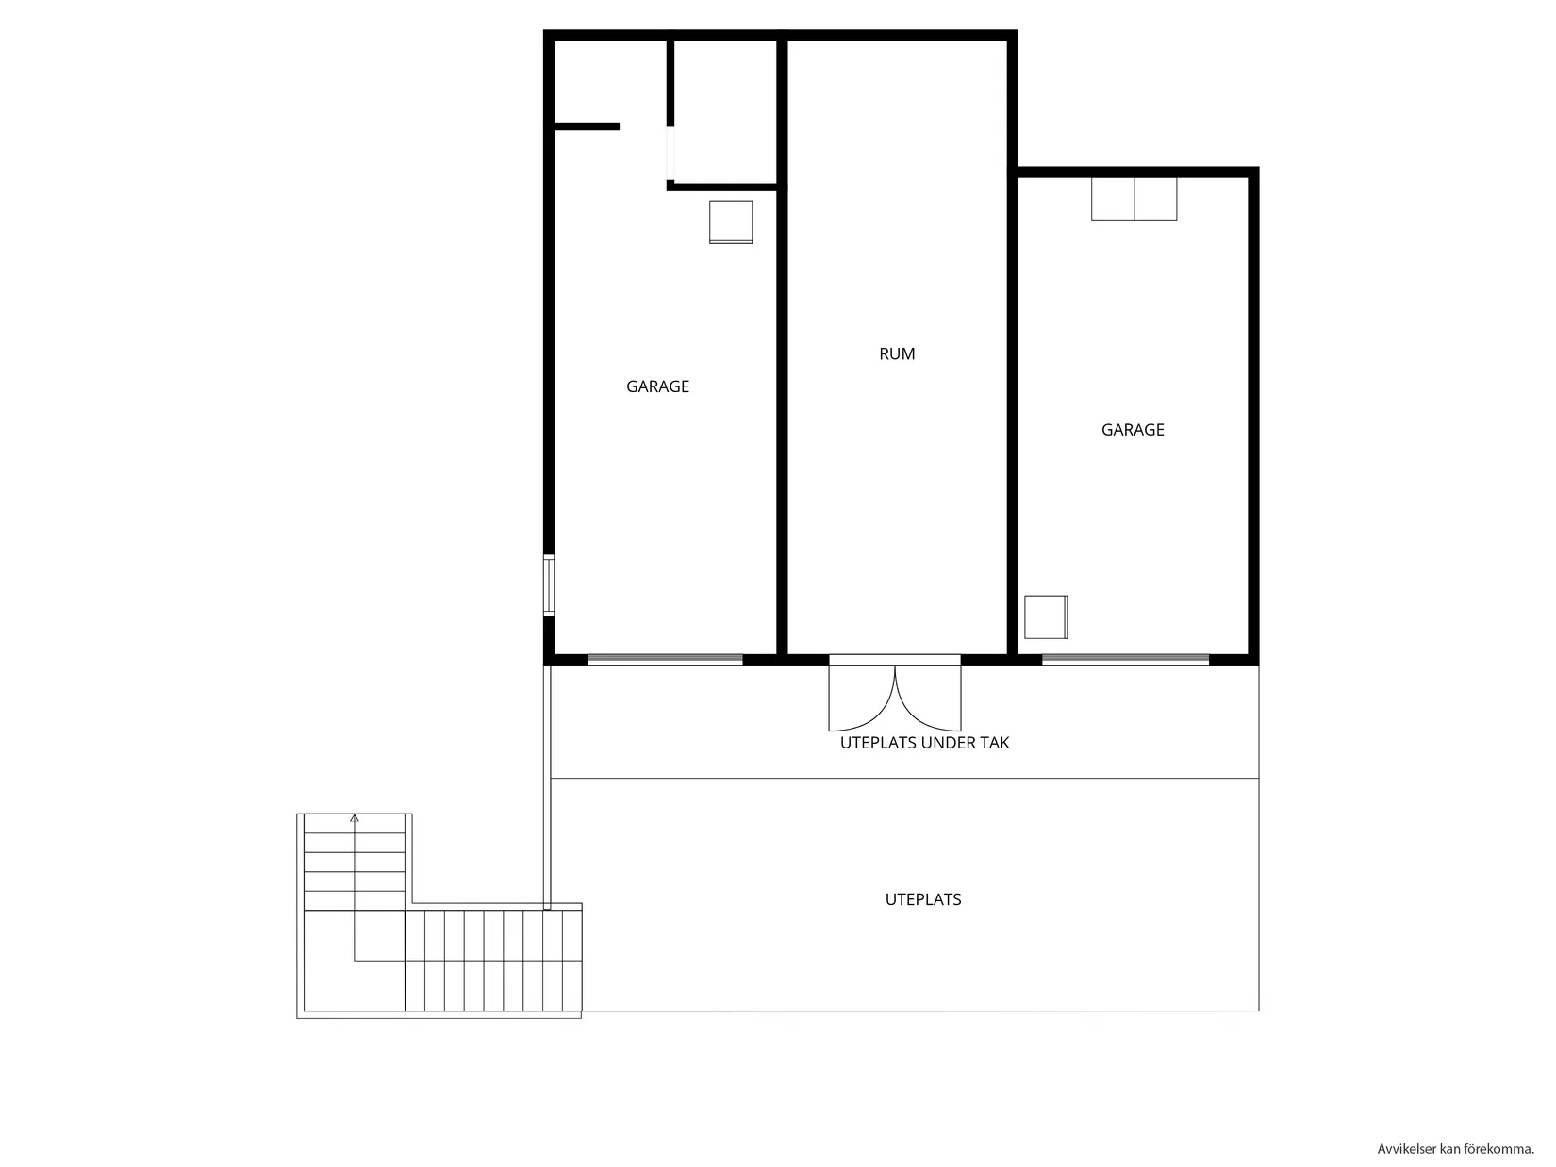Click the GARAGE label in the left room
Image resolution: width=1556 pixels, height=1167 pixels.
coord(657,386)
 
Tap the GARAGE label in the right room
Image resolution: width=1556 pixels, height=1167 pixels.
coord(1133,430)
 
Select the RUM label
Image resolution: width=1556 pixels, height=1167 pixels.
coord(897,354)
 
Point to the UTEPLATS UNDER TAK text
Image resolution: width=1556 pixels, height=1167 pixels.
coord(924,743)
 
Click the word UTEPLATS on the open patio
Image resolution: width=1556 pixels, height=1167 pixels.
coord(923,899)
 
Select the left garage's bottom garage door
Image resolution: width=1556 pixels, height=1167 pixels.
coord(665,660)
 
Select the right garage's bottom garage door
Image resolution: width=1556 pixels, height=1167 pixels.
coord(1125,660)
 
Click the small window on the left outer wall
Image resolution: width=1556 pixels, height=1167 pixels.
coord(548,585)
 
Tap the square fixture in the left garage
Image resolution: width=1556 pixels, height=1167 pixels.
coord(731,222)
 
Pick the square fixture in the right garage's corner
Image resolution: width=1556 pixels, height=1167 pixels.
coord(1046,616)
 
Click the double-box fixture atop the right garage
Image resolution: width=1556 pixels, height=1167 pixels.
coord(1134,199)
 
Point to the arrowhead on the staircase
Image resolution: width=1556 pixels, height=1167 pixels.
coord(355,818)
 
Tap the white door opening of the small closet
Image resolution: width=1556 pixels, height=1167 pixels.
coord(670,154)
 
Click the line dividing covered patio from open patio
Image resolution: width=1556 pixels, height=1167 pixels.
coord(903,779)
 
